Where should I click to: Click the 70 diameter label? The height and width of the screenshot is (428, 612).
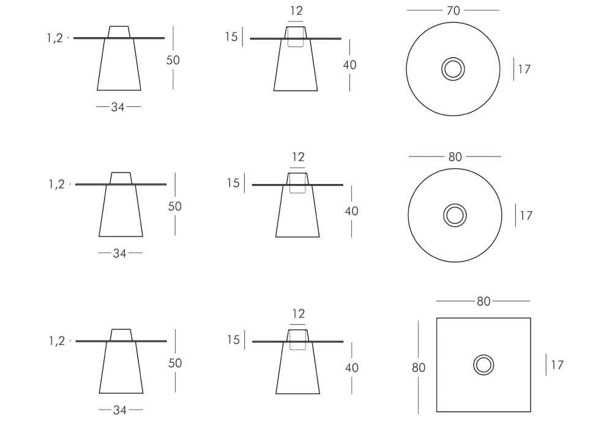[x=453, y=10]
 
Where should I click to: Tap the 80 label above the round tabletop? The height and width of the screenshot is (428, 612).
[x=455, y=157]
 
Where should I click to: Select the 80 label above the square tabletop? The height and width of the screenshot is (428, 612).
[x=483, y=301]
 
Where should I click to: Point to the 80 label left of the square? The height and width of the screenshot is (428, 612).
[x=419, y=367]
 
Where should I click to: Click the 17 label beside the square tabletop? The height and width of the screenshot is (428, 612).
[x=558, y=365]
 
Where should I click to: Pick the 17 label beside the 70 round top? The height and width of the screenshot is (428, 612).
[x=524, y=69]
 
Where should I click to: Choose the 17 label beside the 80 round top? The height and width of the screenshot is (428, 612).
[x=526, y=215]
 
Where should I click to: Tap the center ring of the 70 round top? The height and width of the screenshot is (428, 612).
[x=453, y=58]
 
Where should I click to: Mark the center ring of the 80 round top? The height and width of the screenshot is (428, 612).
[x=455, y=204]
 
